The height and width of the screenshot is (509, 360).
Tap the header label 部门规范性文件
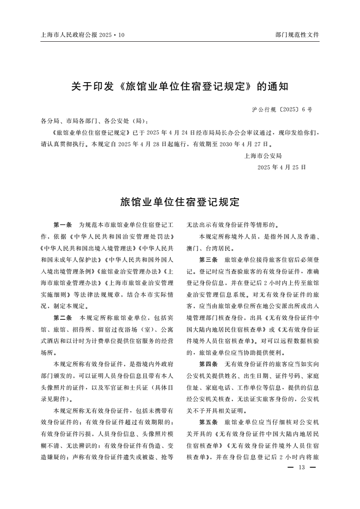coord(297,34)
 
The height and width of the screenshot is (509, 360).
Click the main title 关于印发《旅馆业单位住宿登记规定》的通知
coord(180,86)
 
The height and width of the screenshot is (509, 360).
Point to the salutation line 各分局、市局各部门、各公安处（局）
coord(94,121)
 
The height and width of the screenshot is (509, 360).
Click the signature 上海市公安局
coord(263,156)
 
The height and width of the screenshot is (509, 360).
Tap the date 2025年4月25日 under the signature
coord(281,167)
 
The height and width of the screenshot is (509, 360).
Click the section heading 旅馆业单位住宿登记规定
coord(180,202)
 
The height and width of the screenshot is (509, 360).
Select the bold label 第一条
coord(63,225)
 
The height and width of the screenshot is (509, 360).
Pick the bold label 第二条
coord(63,318)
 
